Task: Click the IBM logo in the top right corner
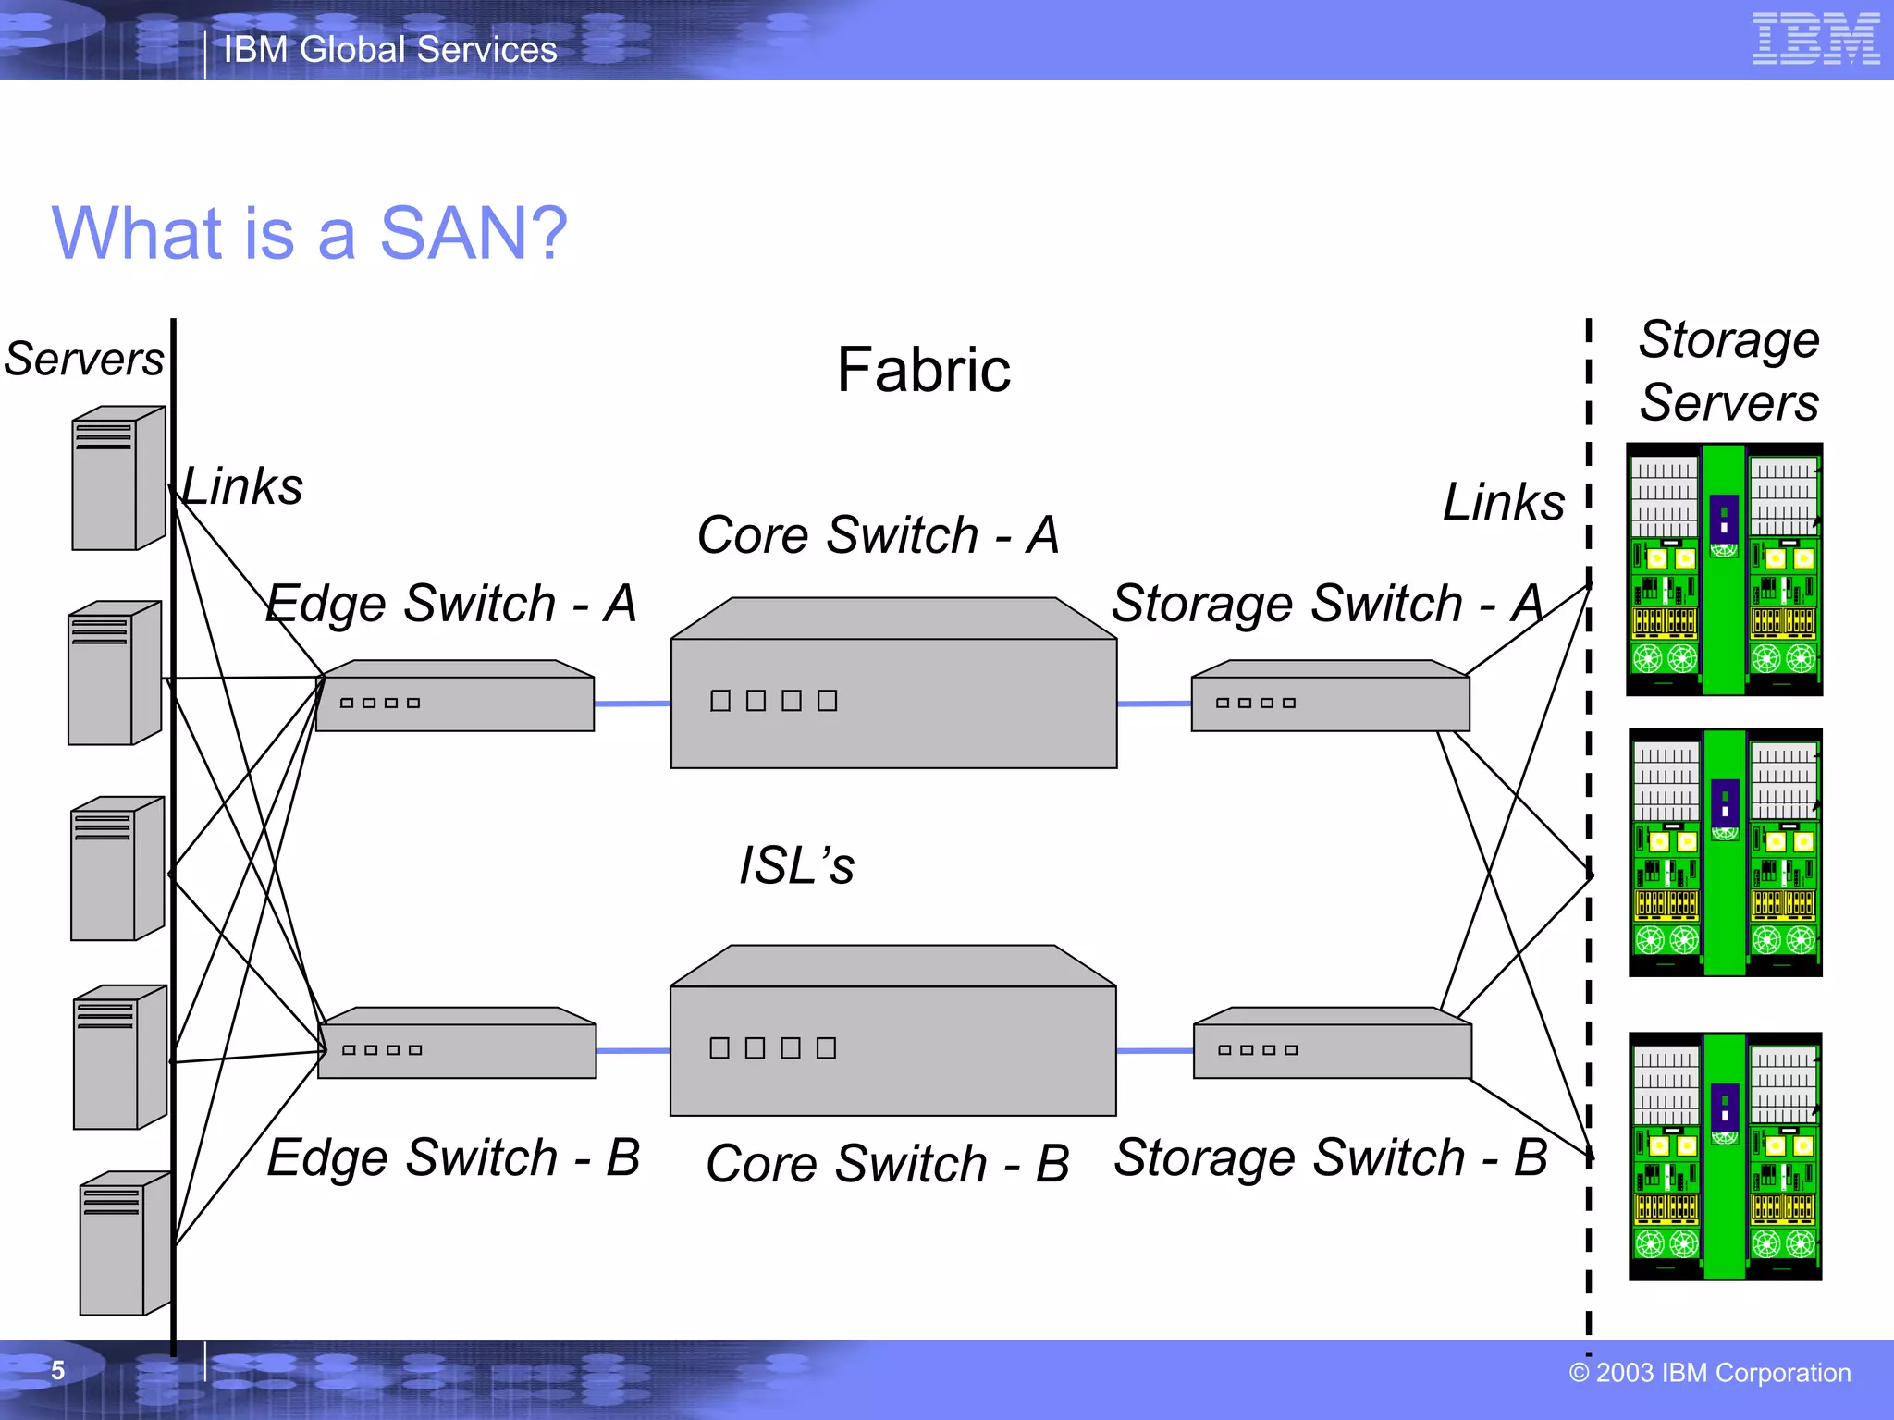1815,39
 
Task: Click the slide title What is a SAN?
309,233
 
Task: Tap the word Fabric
923,370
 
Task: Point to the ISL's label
796,866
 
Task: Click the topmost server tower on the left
117,479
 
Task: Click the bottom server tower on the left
124,1243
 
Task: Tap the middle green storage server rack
1725,852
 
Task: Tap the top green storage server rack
1724,569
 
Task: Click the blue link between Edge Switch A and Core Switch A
632,704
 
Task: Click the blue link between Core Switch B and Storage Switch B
1154,1051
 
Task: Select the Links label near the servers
242,486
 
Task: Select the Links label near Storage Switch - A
1504,502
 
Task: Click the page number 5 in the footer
57,1370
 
